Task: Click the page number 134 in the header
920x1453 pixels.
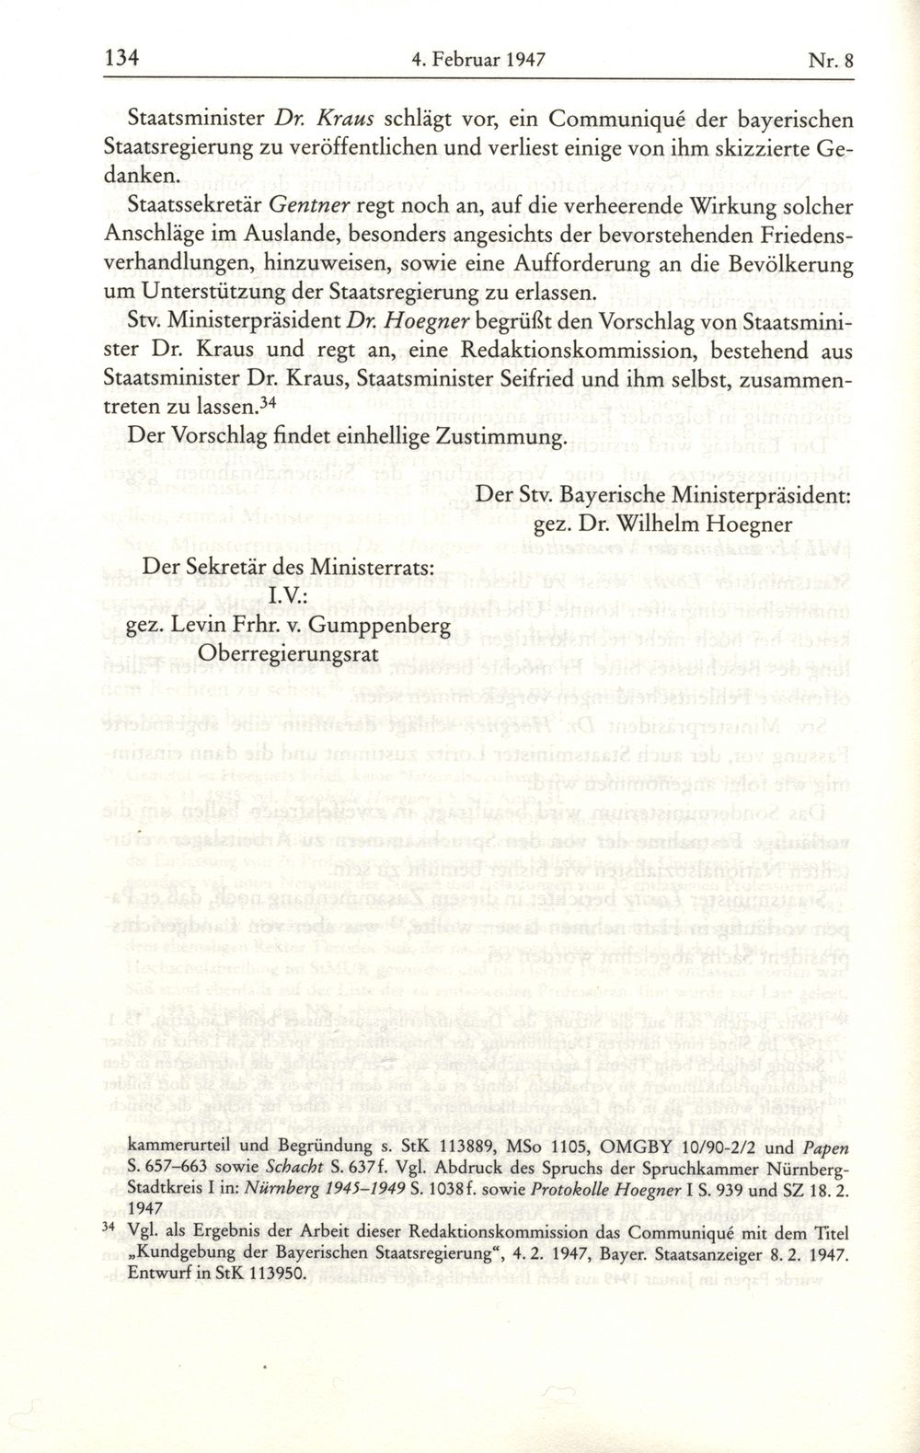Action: point(122,60)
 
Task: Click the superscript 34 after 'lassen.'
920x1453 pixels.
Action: point(267,401)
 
